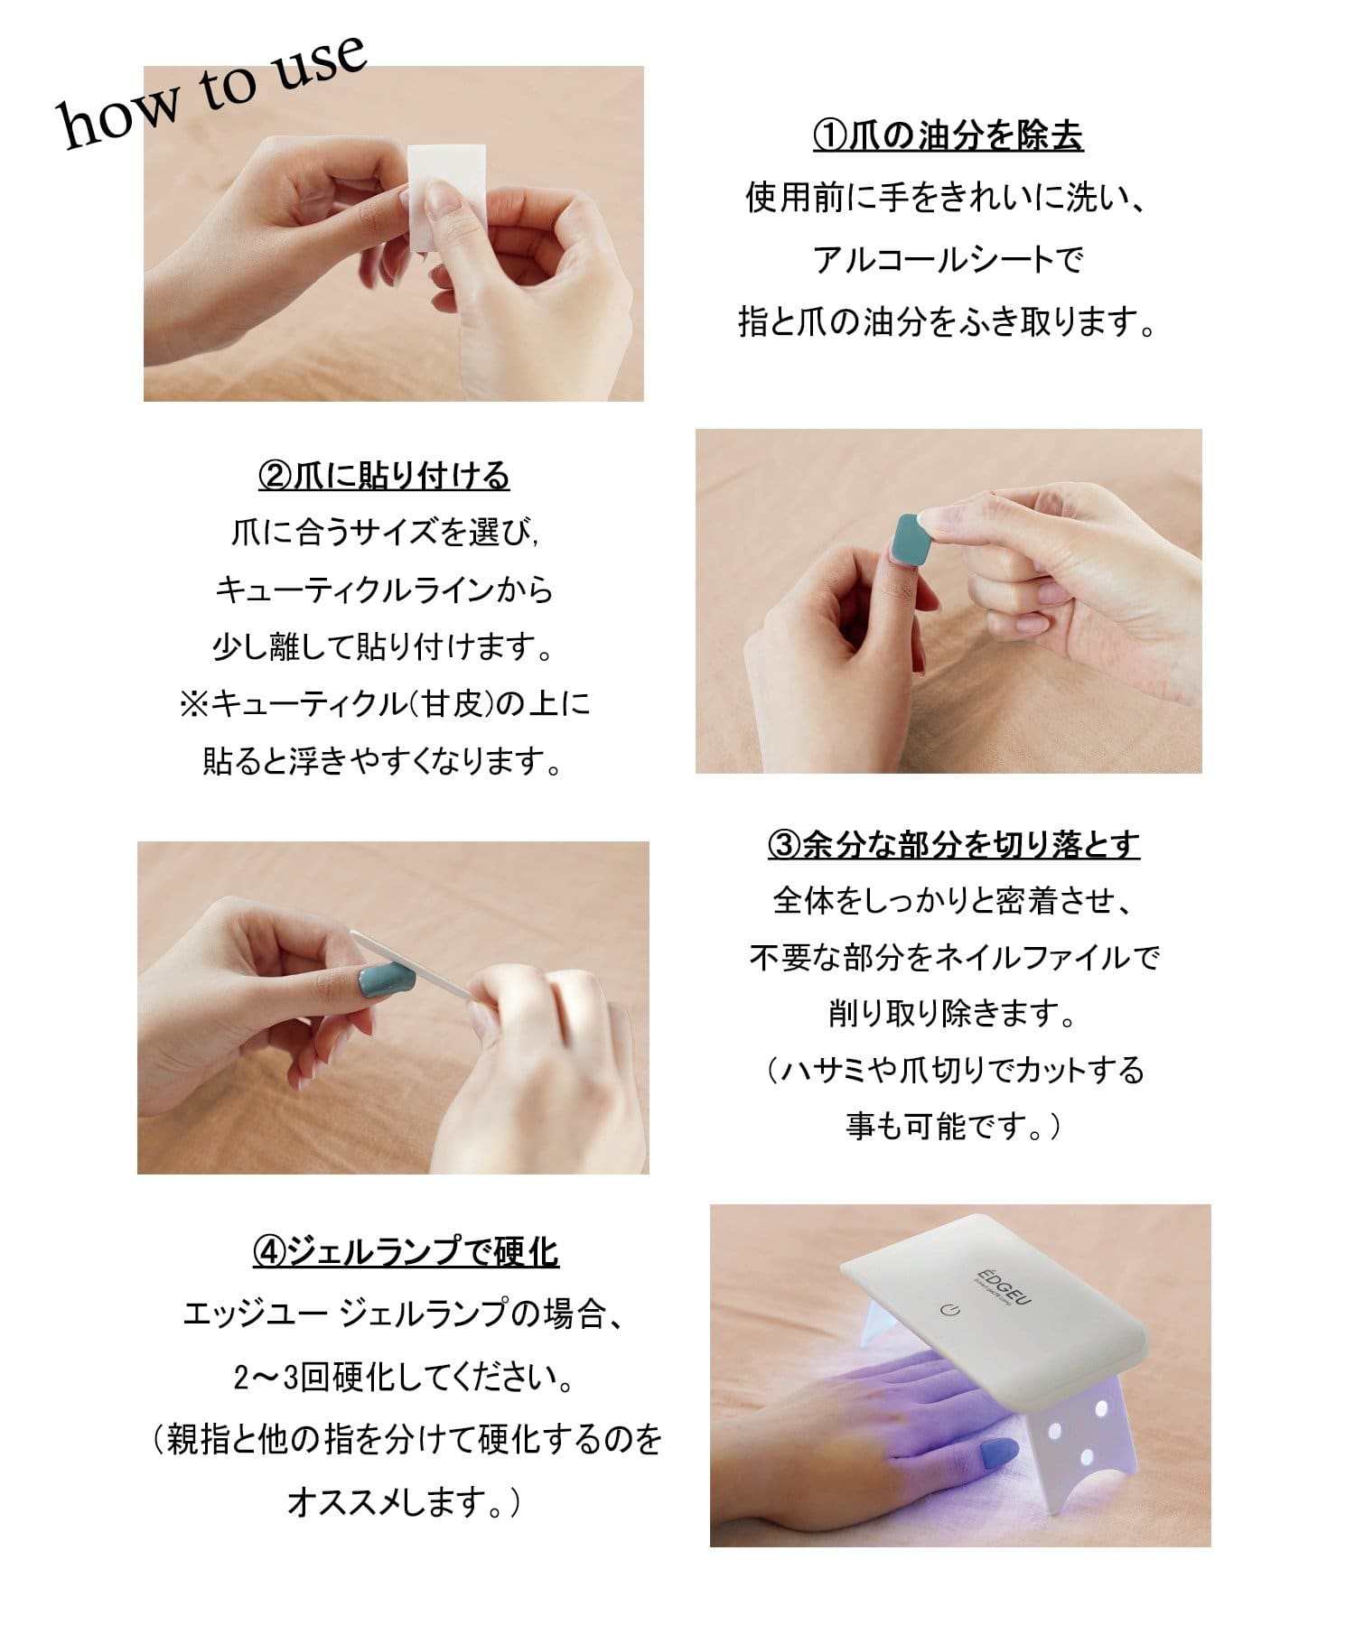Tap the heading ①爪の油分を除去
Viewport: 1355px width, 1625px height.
[x=948, y=135]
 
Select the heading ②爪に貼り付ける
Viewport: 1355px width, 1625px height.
[x=384, y=475]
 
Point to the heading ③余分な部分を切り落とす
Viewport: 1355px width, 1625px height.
[x=954, y=844]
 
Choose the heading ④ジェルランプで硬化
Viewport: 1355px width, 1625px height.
[x=406, y=1251]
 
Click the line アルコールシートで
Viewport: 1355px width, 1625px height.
[x=948, y=260]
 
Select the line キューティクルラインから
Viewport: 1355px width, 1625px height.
[x=384, y=590]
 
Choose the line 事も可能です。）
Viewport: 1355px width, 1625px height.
[x=954, y=1126]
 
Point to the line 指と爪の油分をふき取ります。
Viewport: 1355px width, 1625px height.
[x=948, y=321]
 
